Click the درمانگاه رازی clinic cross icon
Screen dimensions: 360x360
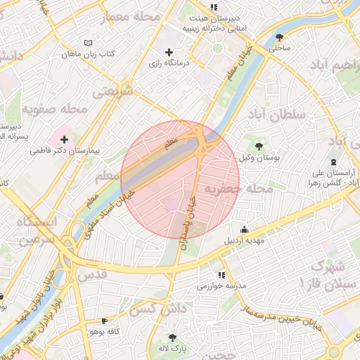pyautogui.click(x=169, y=52)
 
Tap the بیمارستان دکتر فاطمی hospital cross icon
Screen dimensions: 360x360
pyautogui.click(x=65, y=139)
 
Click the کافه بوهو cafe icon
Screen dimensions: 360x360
pyautogui.click(x=104, y=321)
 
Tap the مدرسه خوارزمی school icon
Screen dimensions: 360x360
pyautogui.click(x=221, y=275)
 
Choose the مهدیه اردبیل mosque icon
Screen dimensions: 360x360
pyautogui.click(x=244, y=229)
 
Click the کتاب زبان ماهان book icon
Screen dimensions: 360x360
pyautogui.click(x=87, y=43)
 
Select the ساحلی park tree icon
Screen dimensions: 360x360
pyautogui.click(x=281, y=37)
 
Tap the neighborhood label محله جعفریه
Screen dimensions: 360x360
pyautogui.click(x=238, y=189)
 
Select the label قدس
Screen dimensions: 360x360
pyautogui.click(x=94, y=274)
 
